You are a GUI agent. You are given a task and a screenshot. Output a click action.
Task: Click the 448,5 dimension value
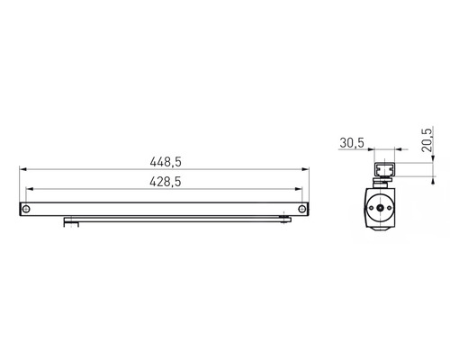[x=166, y=162]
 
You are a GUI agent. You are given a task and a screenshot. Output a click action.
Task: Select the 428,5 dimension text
[x=166, y=182]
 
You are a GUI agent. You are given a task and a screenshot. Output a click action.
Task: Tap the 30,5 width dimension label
[x=352, y=143]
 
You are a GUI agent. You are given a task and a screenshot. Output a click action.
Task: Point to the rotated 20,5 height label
[x=427, y=139]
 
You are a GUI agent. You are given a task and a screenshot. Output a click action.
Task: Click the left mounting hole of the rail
[x=26, y=209]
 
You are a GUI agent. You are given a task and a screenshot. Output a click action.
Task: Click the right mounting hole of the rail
[x=302, y=209]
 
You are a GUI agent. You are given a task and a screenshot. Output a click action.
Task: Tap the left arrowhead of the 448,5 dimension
[x=23, y=169]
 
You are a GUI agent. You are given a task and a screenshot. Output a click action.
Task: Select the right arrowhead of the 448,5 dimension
[x=305, y=169]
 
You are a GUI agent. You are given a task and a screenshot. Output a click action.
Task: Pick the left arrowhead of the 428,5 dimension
[x=30, y=189]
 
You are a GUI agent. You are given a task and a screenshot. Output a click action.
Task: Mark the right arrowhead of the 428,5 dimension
[x=299, y=189]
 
